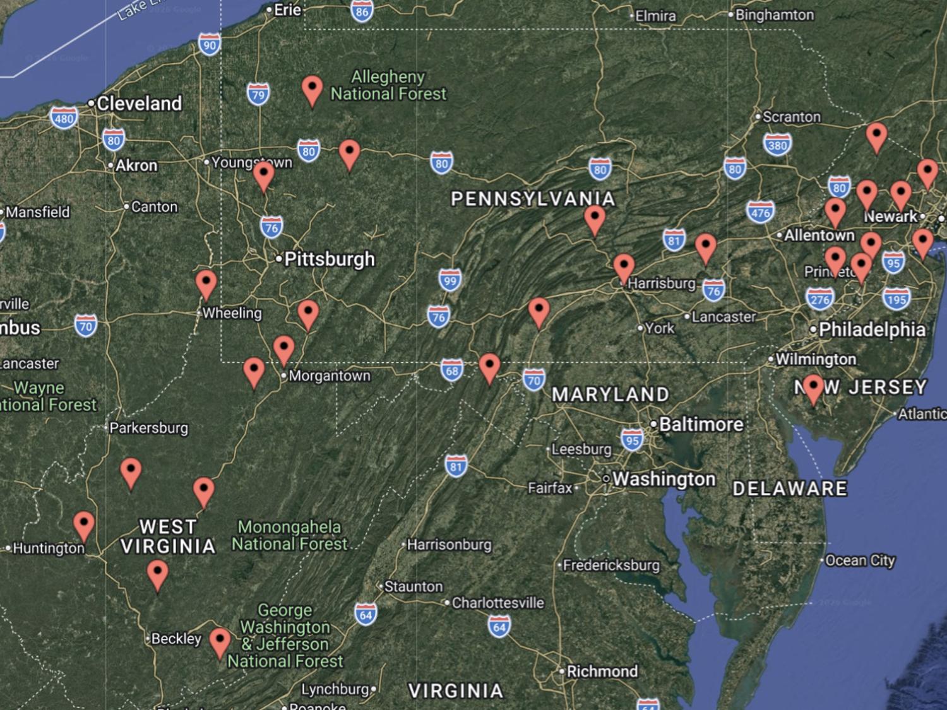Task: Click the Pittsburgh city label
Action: [329, 259]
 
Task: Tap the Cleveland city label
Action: [138, 104]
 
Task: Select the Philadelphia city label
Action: [871, 329]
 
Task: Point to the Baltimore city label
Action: [701, 424]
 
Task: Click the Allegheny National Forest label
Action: [388, 85]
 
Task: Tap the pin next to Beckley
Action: [220, 643]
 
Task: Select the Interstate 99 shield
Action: [450, 281]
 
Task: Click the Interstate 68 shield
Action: [452, 370]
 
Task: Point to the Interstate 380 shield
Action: [777, 145]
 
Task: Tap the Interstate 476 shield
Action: [760, 213]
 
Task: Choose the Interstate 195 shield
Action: [896, 299]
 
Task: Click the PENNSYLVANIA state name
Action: [533, 199]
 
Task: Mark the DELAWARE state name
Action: [790, 488]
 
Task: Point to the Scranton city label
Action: [791, 117]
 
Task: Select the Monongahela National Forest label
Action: [289, 535]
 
